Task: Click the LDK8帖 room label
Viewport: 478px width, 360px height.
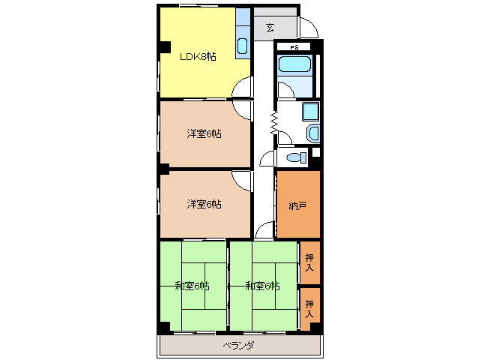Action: point(198,57)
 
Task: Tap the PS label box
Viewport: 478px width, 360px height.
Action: point(294,47)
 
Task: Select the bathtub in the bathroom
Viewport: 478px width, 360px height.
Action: point(294,64)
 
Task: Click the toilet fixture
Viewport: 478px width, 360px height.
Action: point(297,157)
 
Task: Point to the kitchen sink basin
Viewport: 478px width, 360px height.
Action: point(242,46)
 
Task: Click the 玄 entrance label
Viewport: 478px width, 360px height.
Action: point(270,28)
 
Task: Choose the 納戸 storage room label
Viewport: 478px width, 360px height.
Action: point(297,206)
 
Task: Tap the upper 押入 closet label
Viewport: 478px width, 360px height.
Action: point(309,262)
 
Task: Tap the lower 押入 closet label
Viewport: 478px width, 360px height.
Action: point(309,308)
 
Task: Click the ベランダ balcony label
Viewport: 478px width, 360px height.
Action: point(238,346)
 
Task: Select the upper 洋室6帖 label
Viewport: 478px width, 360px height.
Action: point(204,133)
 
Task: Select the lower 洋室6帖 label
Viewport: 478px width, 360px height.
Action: point(204,204)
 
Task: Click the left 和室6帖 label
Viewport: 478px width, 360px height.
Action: point(192,286)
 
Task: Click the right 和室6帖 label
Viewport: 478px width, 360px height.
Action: point(262,286)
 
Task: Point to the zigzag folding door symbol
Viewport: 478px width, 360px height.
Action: point(274,123)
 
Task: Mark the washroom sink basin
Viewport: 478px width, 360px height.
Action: point(313,133)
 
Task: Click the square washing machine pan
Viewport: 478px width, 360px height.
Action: point(311,111)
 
